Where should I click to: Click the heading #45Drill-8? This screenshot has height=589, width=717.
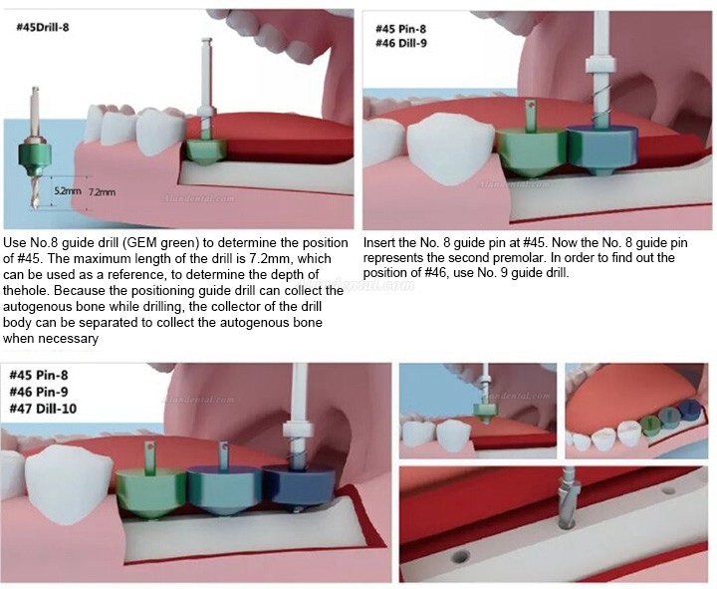pos(43,27)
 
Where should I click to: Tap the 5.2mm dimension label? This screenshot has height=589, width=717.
pos(68,190)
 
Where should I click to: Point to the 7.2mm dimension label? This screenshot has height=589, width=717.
pos(102,192)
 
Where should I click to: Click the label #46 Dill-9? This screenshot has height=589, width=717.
pos(401,44)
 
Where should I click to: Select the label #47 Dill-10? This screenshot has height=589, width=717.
pos(43,409)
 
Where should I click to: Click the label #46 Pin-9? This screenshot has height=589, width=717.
pos(39,392)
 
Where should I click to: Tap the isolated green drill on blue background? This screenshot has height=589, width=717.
pos(34,147)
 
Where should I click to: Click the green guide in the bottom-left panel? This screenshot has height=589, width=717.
pos(151,492)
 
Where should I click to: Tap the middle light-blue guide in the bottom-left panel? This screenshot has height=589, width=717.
pos(224,489)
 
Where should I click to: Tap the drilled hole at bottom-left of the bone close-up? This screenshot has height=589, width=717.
pos(460,556)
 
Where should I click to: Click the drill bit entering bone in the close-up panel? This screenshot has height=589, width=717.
pos(566,501)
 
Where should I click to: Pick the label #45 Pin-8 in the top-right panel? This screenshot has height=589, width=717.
pos(400,29)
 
